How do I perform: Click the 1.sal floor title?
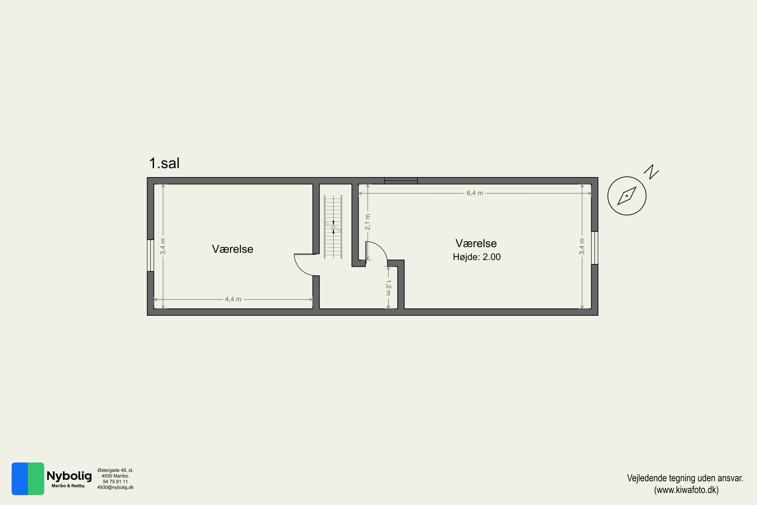tap(164, 163)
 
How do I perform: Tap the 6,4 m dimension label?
tap(475, 193)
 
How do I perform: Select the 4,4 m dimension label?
tap(233, 299)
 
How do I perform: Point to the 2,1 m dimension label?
tap(368, 222)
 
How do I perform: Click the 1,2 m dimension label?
tap(389, 288)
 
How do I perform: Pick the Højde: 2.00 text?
tap(477, 257)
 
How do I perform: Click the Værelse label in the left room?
tap(232, 249)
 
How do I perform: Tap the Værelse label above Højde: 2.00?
tap(476, 243)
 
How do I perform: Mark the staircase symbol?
tap(333, 227)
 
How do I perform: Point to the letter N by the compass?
tap(652, 172)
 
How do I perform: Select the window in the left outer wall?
tap(150, 255)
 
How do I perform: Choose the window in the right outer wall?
tap(595, 248)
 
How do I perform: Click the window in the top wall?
tap(401, 181)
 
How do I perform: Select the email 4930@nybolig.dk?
tap(115, 487)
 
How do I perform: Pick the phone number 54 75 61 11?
tap(115, 482)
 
